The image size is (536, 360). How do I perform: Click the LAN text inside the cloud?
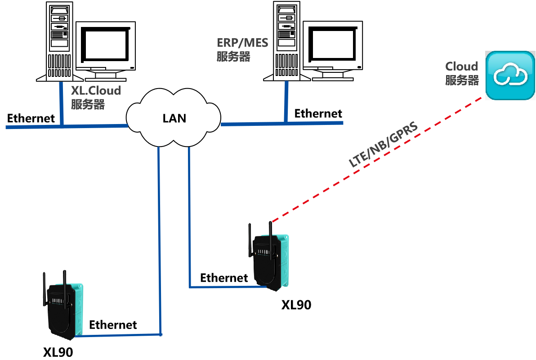[x=174, y=118]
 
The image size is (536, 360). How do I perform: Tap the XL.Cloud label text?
[x=96, y=91]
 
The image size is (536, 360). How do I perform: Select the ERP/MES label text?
[x=242, y=43]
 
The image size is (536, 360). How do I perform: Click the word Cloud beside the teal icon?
[x=461, y=67]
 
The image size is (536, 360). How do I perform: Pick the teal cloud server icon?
[x=509, y=75]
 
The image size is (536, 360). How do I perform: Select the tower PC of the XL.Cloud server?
[x=59, y=41]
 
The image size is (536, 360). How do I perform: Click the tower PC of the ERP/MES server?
[x=286, y=41]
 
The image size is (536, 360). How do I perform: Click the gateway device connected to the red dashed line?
[x=270, y=261]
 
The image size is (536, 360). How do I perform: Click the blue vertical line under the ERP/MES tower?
[x=286, y=102]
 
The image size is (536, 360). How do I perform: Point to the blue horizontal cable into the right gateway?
[x=220, y=286]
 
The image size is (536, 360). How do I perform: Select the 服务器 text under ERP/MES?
[x=233, y=57]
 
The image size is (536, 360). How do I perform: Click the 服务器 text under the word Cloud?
[x=462, y=80]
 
